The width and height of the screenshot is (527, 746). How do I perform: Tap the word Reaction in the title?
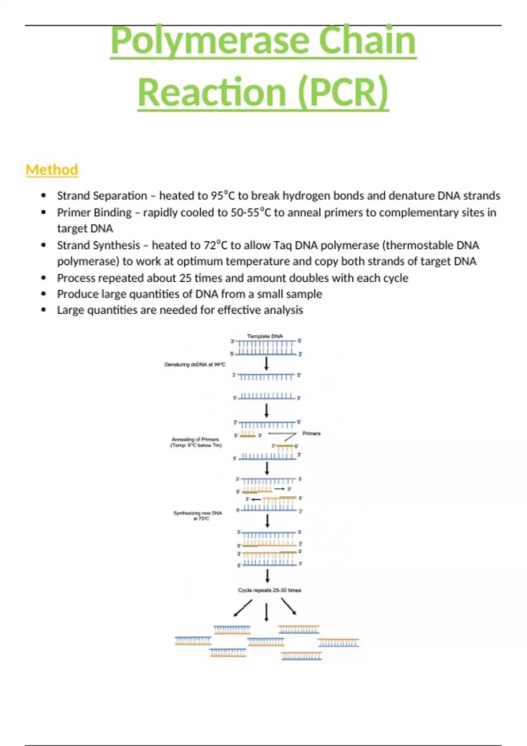(x=212, y=92)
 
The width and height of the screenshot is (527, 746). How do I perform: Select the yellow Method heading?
(x=52, y=170)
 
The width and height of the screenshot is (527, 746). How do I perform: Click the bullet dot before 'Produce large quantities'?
(x=43, y=294)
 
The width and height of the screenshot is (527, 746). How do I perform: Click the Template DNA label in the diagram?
(x=265, y=336)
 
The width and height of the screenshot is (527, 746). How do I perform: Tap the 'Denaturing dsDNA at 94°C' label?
(x=195, y=364)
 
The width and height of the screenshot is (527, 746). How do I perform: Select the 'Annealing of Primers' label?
(x=195, y=439)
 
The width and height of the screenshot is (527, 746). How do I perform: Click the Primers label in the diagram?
(x=311, y=434)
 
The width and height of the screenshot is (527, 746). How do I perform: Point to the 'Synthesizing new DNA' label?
(x=198, y=513)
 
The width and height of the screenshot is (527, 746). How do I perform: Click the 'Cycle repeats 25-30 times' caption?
(x=269, y=590)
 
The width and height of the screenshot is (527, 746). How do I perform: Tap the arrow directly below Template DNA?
(x=266, y=363)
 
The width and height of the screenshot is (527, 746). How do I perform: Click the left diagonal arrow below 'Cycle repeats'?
(x=243, y=608)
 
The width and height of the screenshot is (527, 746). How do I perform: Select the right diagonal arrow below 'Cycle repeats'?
(x=289, y=607)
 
